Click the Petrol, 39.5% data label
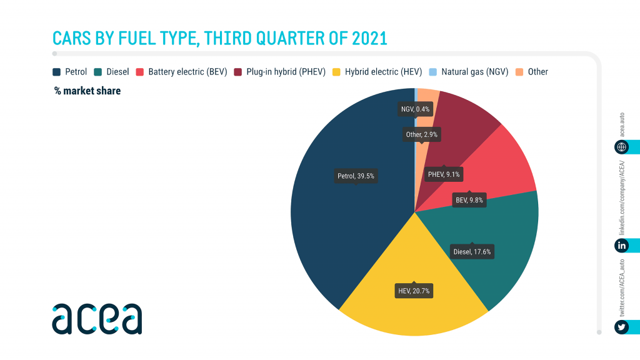[x=356, y=176]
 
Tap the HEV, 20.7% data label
[x=414, y=291]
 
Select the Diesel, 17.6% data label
[x=472, y=252]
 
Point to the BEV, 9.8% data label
[x=469, y=201]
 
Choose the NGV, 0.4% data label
[x=415, y=109]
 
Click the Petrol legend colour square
[x=56, y=72]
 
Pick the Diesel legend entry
[x=112, y=72]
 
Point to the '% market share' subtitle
[x=87, y=91]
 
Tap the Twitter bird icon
[x=622, y=327]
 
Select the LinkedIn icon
[x=622, y=246]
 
